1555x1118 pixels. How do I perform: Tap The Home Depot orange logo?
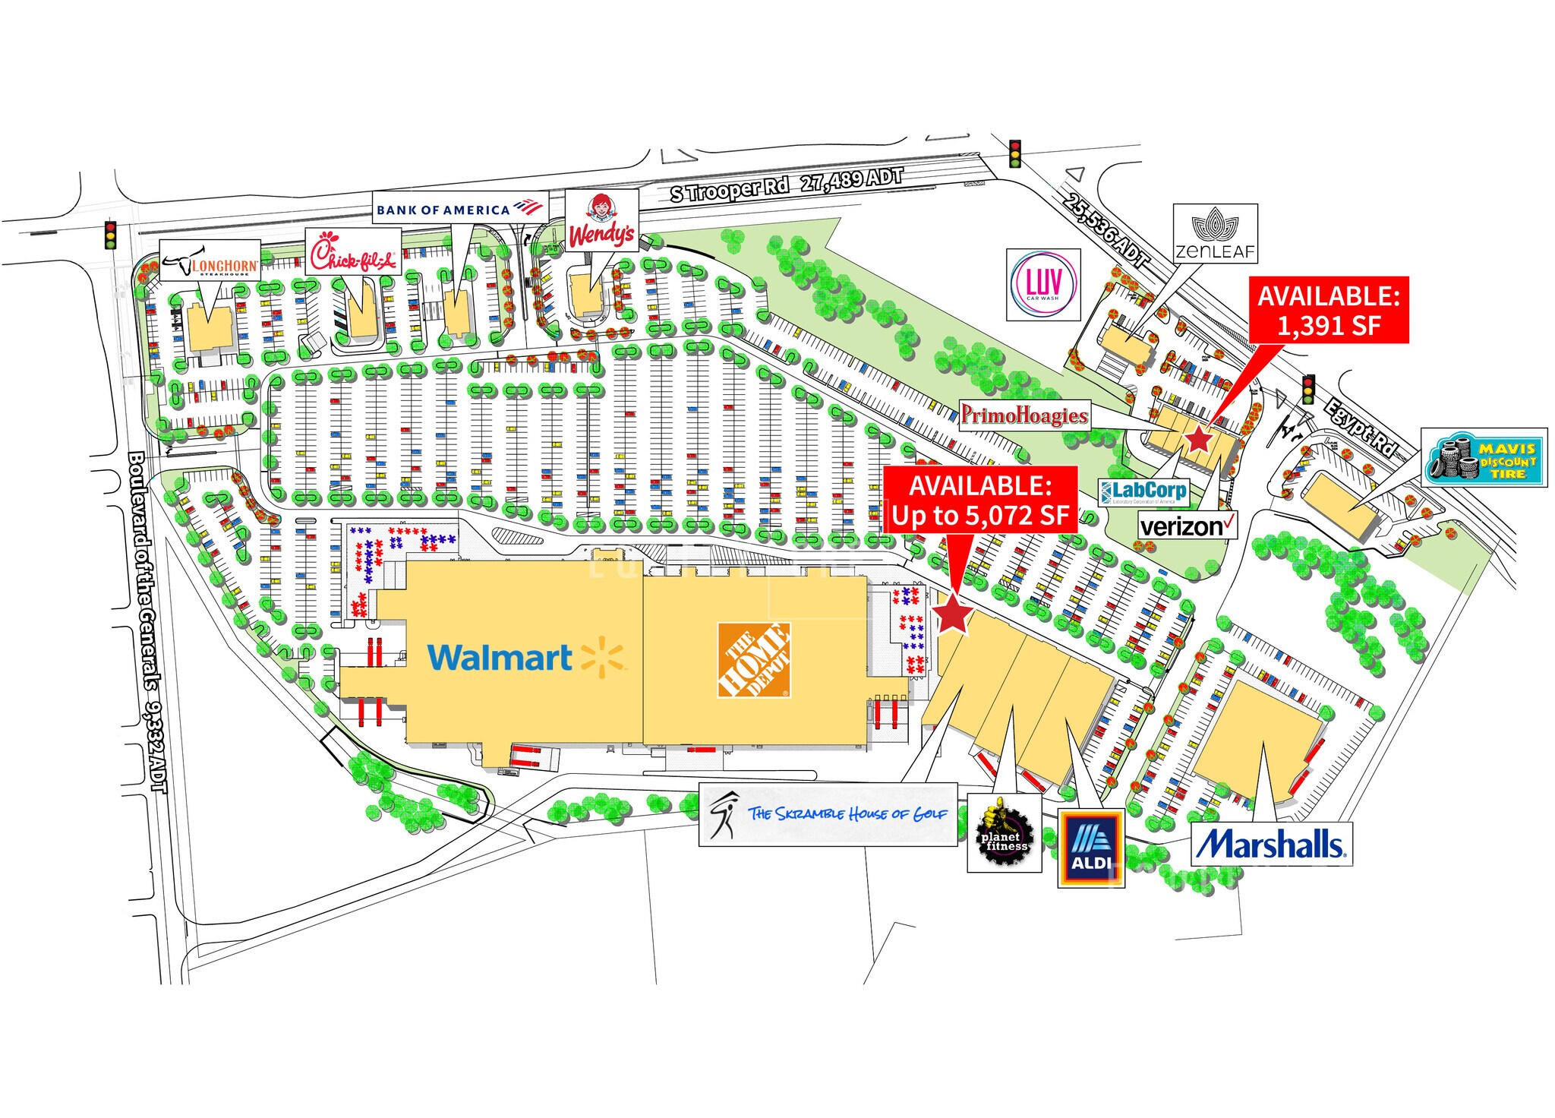[754, 660]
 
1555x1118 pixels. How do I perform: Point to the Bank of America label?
[460, 209]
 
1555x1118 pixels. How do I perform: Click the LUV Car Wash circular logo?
[1043, 285]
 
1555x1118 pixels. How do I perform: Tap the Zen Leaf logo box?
[1215, 233]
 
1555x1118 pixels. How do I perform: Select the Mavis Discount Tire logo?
[1484, 458]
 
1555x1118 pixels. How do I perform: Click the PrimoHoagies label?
[1024, 415]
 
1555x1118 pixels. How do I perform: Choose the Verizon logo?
[1188, 525]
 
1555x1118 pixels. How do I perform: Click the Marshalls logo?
[1271, 844]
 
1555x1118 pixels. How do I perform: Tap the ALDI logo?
[1091, 848]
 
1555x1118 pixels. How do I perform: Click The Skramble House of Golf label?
[828, 815]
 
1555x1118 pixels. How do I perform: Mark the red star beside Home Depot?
[952, 614]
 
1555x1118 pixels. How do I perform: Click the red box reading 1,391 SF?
[1328, 310]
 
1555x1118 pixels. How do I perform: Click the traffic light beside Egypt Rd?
[1308, 389]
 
